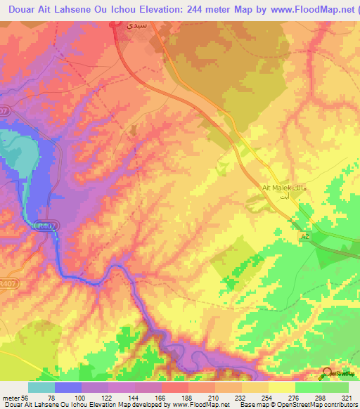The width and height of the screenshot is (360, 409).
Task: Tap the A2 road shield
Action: pos(305,237)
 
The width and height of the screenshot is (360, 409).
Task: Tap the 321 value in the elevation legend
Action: pos(348,397)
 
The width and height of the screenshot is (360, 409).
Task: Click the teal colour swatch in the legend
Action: pos(41,387)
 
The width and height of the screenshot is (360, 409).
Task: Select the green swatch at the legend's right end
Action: pos(335,387)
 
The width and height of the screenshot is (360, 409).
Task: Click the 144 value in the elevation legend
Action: pos(134,397)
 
